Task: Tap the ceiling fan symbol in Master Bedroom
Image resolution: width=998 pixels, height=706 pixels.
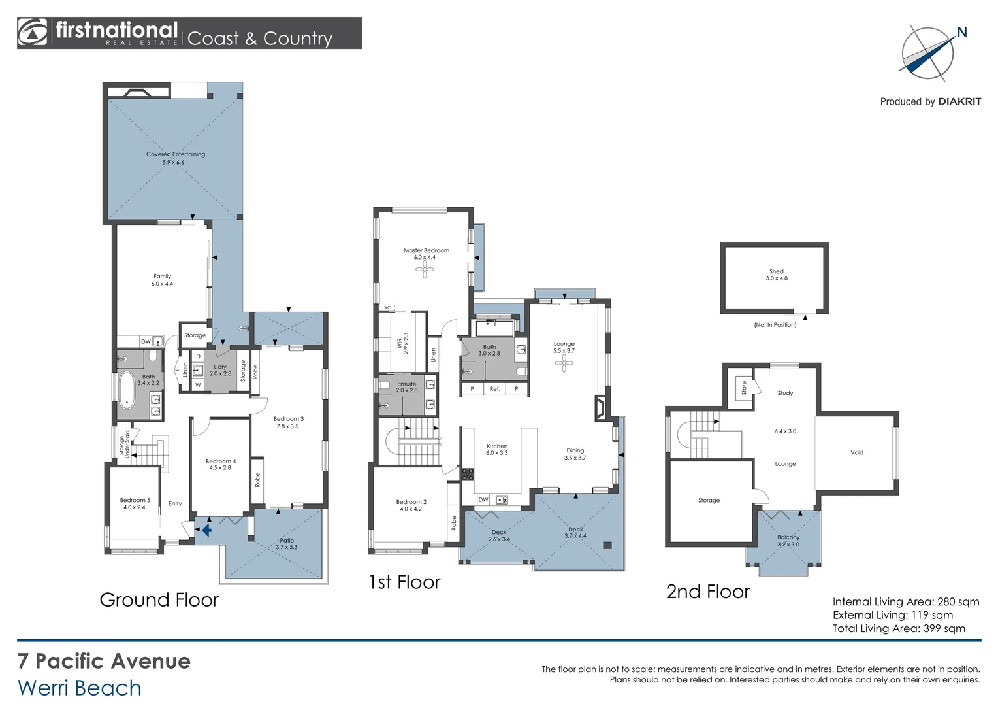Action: [425, 269]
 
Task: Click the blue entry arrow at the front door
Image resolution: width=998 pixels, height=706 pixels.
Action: [205, 529]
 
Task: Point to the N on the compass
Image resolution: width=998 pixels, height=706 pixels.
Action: [961, 33]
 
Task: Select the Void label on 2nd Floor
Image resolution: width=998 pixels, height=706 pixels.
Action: [856, 452]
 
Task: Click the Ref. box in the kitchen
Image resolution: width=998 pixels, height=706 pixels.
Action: [494, 389]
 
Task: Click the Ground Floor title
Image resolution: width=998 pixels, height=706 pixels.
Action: [159, 599]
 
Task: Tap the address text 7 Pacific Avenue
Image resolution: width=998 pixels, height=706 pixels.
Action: [104, 661]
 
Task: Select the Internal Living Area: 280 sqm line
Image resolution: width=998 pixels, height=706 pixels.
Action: [905, 601]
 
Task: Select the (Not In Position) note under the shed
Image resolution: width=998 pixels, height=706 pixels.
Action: [775, 325]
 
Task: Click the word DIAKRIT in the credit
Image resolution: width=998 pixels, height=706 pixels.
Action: [959, 101]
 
